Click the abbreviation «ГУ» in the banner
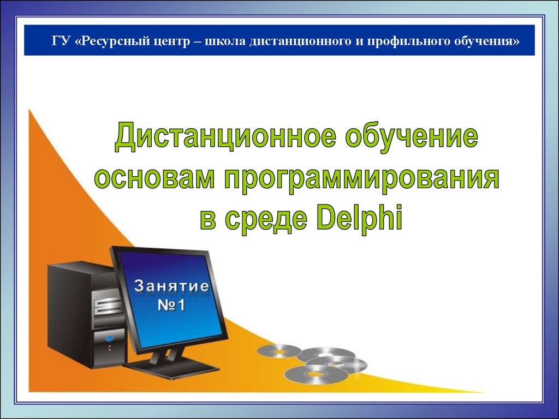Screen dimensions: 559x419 [60, 41]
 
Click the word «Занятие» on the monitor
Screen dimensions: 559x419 [171, 286]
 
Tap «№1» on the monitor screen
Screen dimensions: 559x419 [171, 306]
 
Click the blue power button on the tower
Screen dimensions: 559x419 [109, 338]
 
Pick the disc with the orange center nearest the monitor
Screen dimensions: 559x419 [279, 351]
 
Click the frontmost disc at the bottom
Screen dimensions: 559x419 [316, 374]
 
